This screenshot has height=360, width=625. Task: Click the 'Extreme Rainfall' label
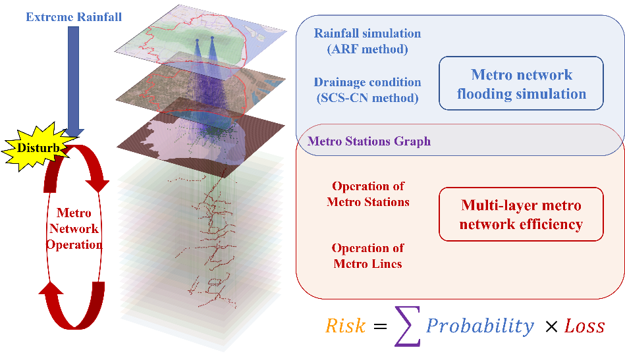(74, 17)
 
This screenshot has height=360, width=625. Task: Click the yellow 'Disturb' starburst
(38, 147)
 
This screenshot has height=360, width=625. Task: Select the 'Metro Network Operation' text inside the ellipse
(74, 228)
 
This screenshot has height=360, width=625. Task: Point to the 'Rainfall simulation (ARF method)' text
(367, 41)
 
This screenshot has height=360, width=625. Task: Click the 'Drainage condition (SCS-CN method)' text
(367, 90)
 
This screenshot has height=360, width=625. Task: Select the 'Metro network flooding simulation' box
(521, 83)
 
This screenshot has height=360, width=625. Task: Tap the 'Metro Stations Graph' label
(369, 141)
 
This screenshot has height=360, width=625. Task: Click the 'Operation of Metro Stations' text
(368, 194)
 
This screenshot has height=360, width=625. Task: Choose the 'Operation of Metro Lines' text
(367, 255)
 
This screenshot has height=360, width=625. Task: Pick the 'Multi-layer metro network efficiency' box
(521, 215)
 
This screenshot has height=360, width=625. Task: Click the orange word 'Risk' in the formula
(345, 326)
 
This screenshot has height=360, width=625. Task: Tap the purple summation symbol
(408, 326)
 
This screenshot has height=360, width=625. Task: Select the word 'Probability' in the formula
(480, 326)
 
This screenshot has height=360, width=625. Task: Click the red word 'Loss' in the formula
(584, 326)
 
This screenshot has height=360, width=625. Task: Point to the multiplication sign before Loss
(551, 327)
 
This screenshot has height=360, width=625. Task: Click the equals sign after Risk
(380, 326)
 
